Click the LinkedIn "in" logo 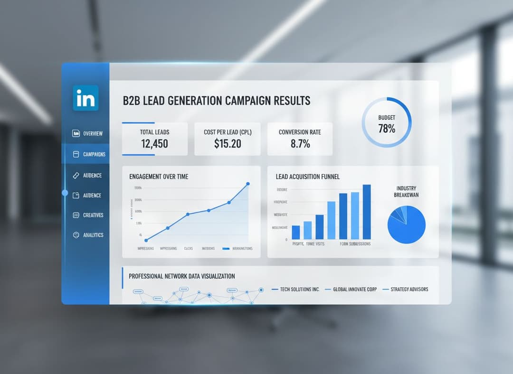point(85,98)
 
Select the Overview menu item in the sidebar point(88,133)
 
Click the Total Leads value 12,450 point(154,143)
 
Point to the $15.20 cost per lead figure point(228,143)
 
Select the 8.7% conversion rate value point(300,143)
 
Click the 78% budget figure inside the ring point(387,128)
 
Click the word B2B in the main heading point(133,101)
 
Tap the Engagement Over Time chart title point(159,177)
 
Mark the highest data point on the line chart point(248,184)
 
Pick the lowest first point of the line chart point(146,240)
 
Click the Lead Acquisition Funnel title point(307,177)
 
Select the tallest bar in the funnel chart point(367,212)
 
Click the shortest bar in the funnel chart point(296,232)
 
